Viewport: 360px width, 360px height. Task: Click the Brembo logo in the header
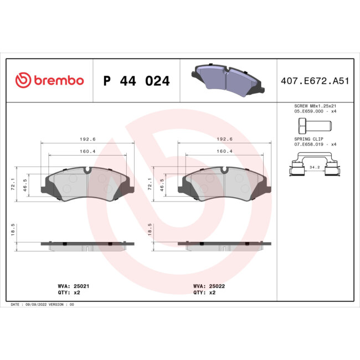click(x=50, y=80)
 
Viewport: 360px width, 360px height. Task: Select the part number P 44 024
click(x=136, y=81)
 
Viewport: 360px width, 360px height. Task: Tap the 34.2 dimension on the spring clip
click(x=314, y=166)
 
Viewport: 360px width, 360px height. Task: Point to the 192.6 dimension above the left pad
click(x=88, y=140)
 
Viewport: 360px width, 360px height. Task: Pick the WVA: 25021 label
click(x=69, y=286)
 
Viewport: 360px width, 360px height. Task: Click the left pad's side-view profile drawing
click(x=88, y=245)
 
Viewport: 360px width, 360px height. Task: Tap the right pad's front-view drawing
click(x=224, y=184)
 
